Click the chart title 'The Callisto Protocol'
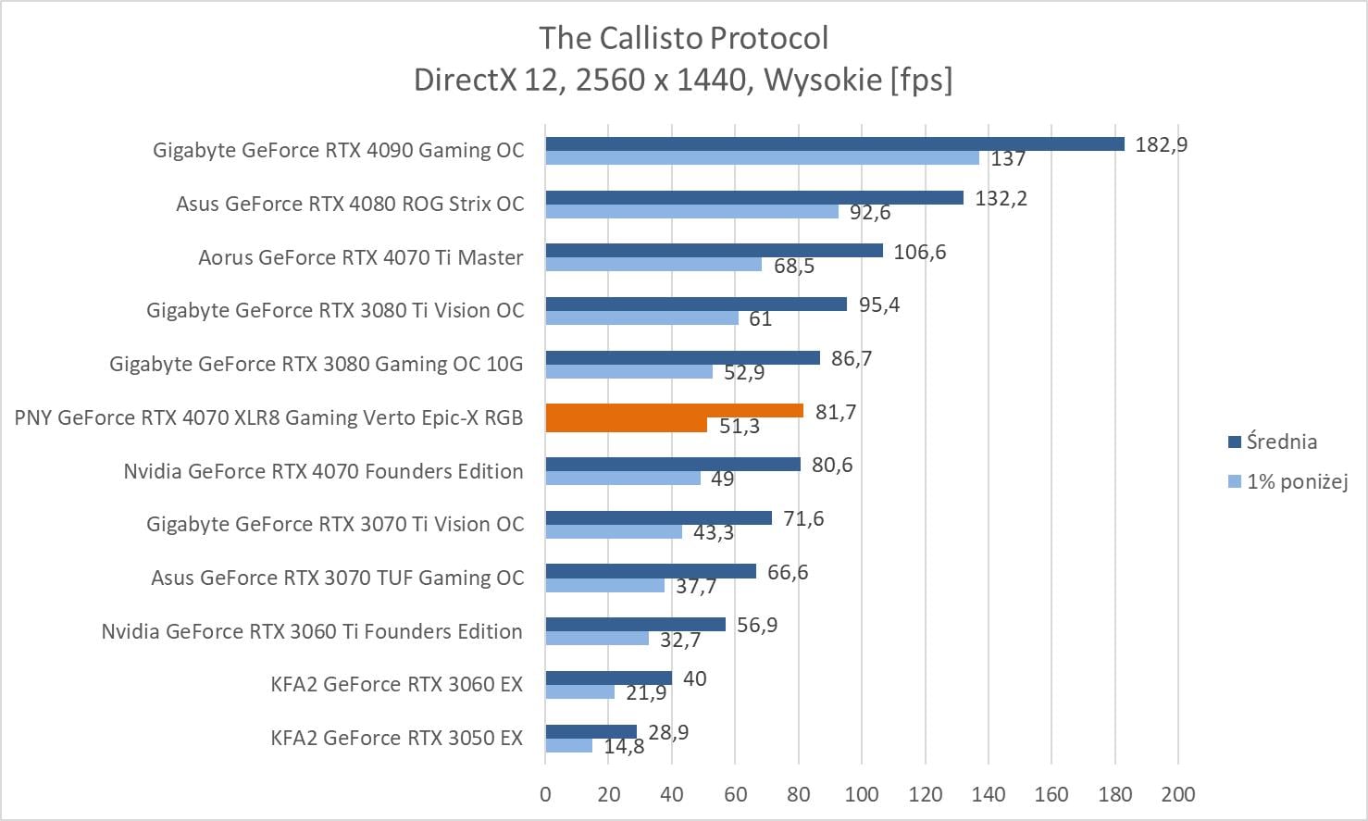683,38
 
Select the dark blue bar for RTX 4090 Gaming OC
834,143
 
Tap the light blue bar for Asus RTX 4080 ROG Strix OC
691,212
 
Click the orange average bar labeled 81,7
674,410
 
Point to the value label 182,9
1161,144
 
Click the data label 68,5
794,267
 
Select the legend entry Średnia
1281,442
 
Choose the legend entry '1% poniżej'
1297,481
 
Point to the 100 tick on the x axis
862,794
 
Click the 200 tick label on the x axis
1177,794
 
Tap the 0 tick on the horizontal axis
545,794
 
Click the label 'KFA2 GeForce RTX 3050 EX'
396,738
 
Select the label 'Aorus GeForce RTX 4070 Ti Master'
360,257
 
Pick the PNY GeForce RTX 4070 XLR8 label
268,417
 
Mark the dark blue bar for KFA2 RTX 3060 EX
608,678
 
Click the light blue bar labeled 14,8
568,746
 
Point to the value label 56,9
756,626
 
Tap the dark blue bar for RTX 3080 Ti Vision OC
696,304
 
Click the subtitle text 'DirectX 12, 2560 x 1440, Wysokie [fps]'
683,80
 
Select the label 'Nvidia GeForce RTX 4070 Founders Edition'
323,471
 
